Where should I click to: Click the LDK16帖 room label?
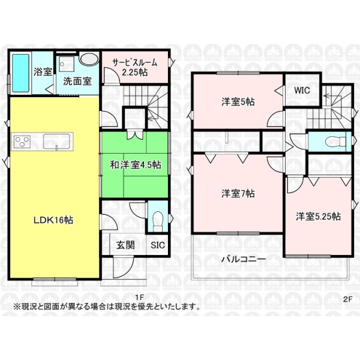point(53,220)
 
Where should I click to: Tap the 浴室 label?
point(43,72)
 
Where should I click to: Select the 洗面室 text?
point(77,81)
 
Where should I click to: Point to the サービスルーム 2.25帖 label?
point(135,67)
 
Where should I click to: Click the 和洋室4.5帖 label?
point(136,165)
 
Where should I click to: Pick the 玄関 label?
point(125,245)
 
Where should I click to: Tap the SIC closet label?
point(158,245)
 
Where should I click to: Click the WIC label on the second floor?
point(302,90)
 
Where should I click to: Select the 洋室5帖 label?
point(238,102)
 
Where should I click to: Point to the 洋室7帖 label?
point(238,194)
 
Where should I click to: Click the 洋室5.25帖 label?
point(318,217)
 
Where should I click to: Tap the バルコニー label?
point(244,259)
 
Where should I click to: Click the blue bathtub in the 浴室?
point(20,73)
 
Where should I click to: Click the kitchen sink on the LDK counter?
point(56,141)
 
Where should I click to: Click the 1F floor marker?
point(139,298)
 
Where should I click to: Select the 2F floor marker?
point(348,299)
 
